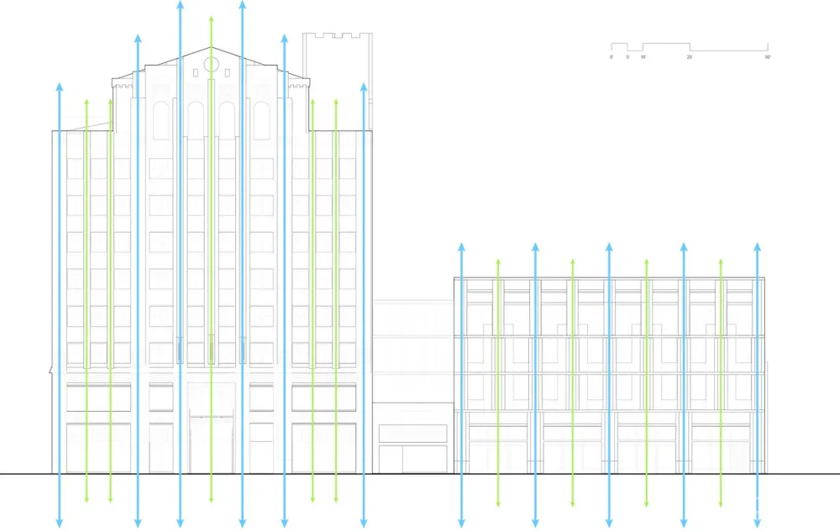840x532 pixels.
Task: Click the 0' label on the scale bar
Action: (x=612, y=57)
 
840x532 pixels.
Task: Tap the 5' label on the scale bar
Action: (x=627, y=57)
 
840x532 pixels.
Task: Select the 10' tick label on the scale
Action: (x=643, y=57)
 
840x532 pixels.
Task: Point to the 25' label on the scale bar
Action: (x=690, y=57)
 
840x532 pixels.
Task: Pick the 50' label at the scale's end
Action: (x=768, y=57)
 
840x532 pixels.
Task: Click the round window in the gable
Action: (x=211, y=64)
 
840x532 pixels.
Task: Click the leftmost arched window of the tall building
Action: (x=160, y=120)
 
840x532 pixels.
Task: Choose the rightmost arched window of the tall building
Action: (x=261, y=120)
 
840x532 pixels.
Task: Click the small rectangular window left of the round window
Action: (x=196, y=72)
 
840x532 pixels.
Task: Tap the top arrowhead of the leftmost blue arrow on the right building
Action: (x=461, y=247)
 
